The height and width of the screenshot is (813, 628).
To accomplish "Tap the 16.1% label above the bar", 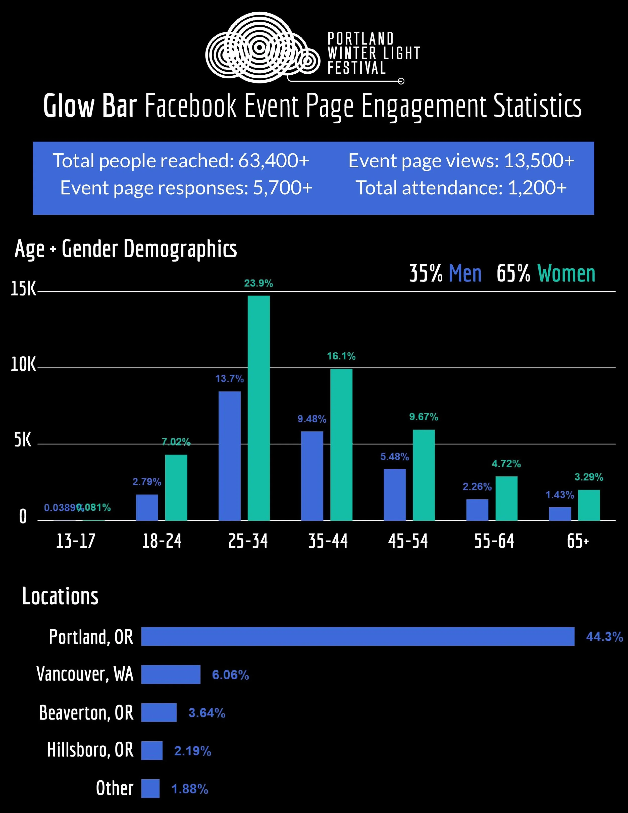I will [341, 356].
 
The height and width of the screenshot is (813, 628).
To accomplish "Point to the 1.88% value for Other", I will [190, 789].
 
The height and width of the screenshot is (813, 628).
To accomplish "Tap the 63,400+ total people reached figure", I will [274, 161].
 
